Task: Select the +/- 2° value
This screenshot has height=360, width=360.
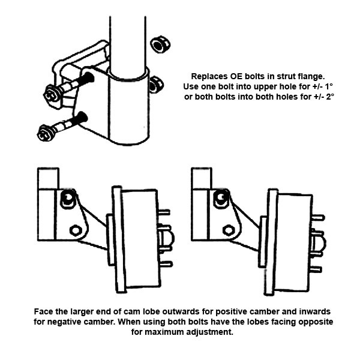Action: tap(322, 97)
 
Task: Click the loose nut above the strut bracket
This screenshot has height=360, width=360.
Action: tap(159, 44)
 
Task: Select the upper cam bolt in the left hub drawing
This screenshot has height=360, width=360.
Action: tap(69, 198)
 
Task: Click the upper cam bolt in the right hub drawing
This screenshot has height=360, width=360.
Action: tap(221, 197)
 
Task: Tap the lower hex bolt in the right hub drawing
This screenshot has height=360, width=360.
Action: tap(229, 229)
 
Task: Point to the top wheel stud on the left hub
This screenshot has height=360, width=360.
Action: tap(163, 212)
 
